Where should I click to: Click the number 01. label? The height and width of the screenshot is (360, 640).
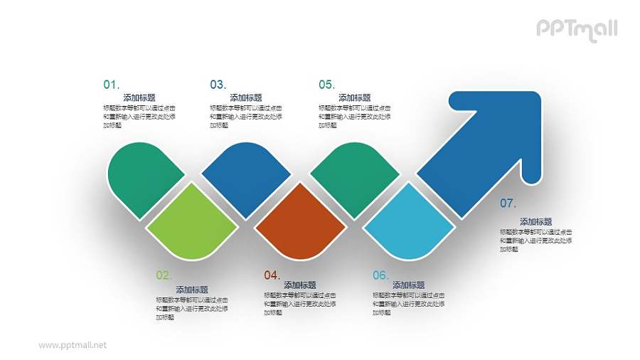tap(112, 85)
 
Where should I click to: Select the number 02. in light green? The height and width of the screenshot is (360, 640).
tap(164, 275)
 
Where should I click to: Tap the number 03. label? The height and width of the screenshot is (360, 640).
tap(218, 85)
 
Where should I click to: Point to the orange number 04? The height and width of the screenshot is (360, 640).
tap(272, 275)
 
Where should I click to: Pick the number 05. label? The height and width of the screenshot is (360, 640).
tap(326, 85)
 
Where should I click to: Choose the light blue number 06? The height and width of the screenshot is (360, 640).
tap(380, 275)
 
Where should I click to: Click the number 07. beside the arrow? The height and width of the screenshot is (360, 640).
tap(508, 203)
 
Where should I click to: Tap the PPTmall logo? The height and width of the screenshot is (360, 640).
tap(576, 29)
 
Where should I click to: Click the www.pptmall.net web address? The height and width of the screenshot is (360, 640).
tap(73, 345)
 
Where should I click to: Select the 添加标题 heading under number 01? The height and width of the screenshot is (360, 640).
tap(139, 98)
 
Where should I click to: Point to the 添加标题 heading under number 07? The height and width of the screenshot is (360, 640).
tap(535, 222)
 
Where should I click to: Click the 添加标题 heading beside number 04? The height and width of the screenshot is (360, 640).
tap(300, 285)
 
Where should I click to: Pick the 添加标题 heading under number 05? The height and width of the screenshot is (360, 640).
tap(354, 98)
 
